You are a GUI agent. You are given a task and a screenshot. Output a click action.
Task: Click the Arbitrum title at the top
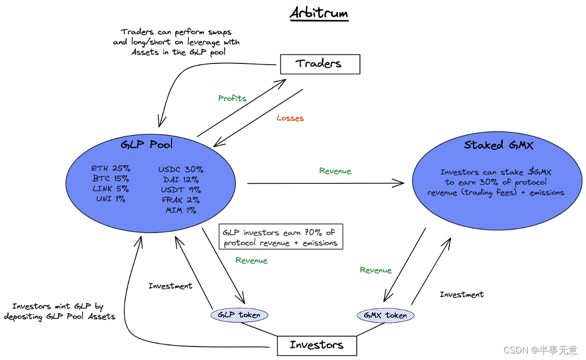319,13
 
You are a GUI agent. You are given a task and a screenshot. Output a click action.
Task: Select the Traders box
320,64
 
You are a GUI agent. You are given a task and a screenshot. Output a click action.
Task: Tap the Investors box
317,345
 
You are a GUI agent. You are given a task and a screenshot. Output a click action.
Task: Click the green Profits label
232,99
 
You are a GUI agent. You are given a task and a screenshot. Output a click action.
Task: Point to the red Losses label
290,118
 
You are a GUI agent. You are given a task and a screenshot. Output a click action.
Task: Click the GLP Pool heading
147,144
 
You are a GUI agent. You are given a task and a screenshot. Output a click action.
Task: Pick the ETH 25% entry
110,169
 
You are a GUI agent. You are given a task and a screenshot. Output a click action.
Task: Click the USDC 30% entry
181,169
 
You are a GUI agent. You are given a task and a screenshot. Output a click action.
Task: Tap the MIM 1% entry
181,210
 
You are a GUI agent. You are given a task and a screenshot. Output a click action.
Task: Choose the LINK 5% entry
110,189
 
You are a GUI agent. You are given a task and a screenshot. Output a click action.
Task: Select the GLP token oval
239,315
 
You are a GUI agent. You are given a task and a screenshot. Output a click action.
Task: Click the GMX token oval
385,316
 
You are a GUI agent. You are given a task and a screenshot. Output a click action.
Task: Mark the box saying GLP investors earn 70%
281,237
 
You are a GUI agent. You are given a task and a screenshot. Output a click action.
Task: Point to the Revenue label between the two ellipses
335,171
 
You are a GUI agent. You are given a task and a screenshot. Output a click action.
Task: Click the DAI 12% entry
181,179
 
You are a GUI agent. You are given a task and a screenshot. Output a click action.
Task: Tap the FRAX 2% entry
181,200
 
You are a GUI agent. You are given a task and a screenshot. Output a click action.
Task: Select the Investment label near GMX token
461,294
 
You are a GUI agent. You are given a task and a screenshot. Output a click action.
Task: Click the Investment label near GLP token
170,286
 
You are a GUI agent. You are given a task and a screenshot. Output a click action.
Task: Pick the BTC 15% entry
110,178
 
